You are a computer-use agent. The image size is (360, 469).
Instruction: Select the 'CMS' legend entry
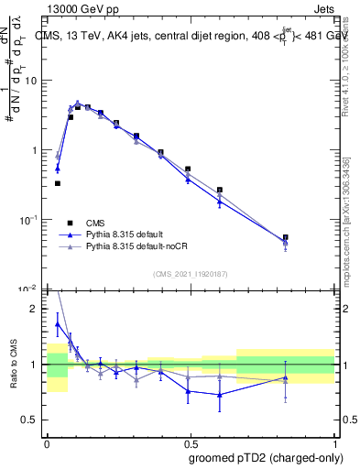coord(96,222)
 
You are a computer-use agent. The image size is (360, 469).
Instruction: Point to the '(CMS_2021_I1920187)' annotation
coord(191,273)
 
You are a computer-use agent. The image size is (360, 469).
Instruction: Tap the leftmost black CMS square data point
coord(58,183)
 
